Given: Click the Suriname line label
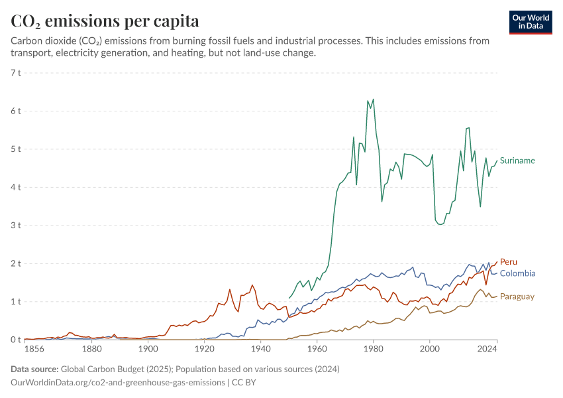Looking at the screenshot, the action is click(517, 161).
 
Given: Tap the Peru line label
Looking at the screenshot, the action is click(509, 262).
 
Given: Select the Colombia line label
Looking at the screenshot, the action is click(517, 273).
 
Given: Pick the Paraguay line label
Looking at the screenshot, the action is click(517, 297).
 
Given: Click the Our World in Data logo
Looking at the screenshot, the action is click(531, 23).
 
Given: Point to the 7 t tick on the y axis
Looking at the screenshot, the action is click(16, 72).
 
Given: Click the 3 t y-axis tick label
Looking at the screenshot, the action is click(16, 226).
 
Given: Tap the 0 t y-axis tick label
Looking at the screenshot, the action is click(16, 340).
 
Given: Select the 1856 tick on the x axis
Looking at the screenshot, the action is click(34, 349).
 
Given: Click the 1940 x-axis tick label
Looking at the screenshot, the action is click(261, 349).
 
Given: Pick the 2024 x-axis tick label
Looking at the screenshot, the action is click(487, 349).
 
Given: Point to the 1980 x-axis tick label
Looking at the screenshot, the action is click(374, 349).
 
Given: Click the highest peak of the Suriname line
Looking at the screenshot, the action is click(374, 99).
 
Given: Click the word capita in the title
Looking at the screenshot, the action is click(176, 22).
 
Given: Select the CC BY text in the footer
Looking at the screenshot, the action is click(244, 383).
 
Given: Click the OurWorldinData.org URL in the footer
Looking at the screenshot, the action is click(118, 383).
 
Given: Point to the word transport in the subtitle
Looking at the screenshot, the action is click(30, 53).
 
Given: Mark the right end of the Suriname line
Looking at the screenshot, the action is click(497, 161).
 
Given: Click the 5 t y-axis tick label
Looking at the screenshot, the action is click(16, 149).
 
